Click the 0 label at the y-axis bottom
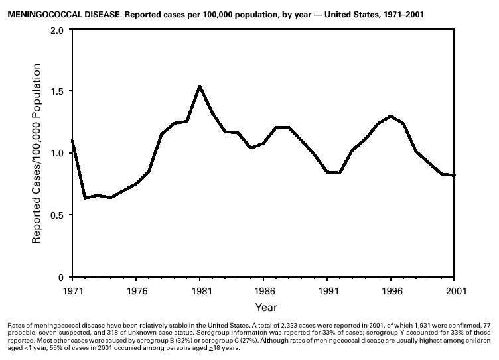(x=60, y=277)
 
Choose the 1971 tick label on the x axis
(x=72, y=290)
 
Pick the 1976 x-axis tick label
(x=136, y=290)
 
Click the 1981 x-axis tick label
(x=200, y=290)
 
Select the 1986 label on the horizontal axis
(x=263, y=290)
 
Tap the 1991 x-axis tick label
(x=327, y=290)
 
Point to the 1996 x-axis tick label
(x=392, y=290)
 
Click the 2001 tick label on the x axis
(x=455, y=290)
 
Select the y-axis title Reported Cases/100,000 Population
(x=37, y=153)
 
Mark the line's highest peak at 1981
(x=200, y=86)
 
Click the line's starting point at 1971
(x=72, y=141)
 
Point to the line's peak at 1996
(x=392, y=116)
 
